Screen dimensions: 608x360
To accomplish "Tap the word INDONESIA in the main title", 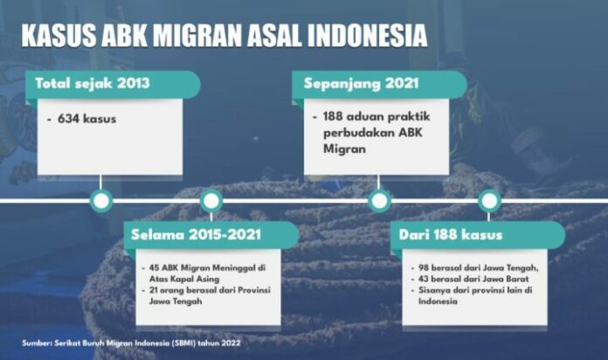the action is pyautogui.click(x=368, y=36).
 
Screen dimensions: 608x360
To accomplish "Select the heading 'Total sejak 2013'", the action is pyautogui.click(x=93, y=83).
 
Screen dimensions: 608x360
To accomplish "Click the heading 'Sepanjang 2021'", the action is pyautogui.click(x=362, y=83).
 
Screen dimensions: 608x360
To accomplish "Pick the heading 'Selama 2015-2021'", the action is pyautogui.click(x=196, y=235).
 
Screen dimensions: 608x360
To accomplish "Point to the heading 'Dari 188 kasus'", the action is pyautogui.click(x=451, y=235).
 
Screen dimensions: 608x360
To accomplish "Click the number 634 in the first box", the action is pyautogui.click(x=69, y=119).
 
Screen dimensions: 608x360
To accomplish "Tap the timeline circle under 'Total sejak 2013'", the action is pyautogui.click(x=101, y=201).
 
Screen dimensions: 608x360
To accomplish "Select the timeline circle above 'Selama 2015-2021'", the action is pyautogui.click(x=211, y=201).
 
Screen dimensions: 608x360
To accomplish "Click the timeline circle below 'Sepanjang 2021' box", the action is pyautogui.click(x=379, y=201).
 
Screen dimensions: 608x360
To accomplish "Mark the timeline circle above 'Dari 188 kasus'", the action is pyautogui.click(x=489, y=201).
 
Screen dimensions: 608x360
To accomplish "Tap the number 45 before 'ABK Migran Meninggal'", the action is pyautogui.click(x=154, y=267).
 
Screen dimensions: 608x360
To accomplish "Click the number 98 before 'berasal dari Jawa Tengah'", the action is pyautogui.click(x=424, y=267).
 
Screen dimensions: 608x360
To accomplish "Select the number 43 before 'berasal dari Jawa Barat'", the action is pyautogui.click(x=424, y=279).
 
